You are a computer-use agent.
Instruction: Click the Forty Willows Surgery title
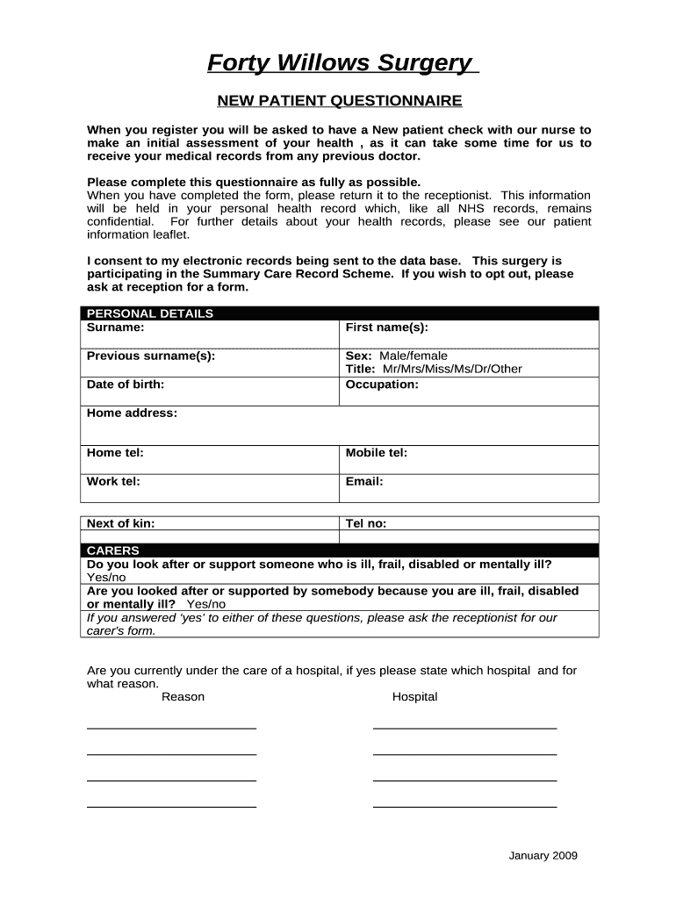[339, 63]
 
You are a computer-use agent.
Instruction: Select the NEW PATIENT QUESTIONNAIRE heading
[340, 101]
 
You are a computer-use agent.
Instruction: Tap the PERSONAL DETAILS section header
[149, 313]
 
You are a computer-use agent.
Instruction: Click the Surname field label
[115, 327]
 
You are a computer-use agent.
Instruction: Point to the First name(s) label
[387, 327]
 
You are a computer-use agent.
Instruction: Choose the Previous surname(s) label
[151, 356]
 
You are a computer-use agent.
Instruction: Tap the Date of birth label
[126, 384]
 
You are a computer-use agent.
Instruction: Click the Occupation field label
[382, 384]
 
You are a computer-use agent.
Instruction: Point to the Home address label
[132, 413]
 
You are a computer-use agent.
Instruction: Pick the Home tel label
[115, 453]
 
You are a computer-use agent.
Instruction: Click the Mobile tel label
[377, 453]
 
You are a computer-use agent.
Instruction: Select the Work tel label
[113, 481]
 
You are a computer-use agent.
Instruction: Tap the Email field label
[364, 481]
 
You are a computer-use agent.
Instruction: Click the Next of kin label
[120, 523]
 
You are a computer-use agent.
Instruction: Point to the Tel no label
[366, 523]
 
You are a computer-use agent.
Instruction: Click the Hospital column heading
[414, 697]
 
